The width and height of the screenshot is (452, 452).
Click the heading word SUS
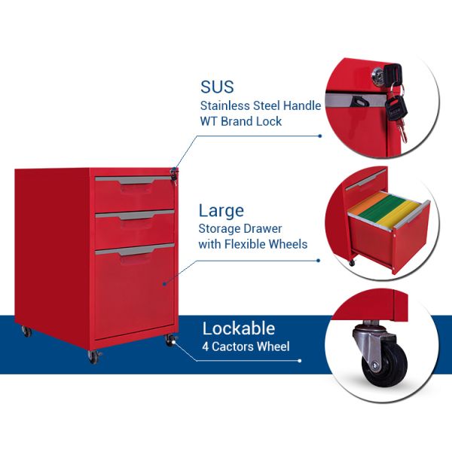click(x=218, y=87)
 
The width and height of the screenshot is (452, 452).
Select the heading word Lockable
click(x=238, y=328)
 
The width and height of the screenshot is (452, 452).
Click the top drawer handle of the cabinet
click(x=134, y=181)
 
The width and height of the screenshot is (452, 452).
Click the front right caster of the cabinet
click(x=170, y=341)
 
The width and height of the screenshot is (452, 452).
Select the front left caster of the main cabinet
click(x=93, y=356)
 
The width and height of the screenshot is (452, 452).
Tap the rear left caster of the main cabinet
click(x=26, y=331)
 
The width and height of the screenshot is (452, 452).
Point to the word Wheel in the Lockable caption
click(x=273, y=347)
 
